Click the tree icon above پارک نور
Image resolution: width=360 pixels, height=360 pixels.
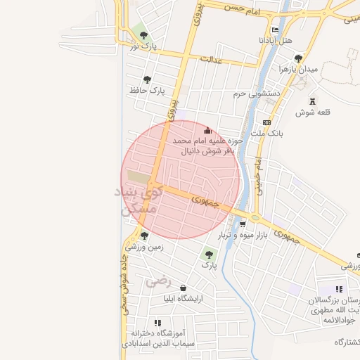click(143, 34)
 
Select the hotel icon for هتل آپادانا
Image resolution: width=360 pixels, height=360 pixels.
click(275, 30)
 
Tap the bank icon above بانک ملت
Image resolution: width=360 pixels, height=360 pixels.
click(266, 122)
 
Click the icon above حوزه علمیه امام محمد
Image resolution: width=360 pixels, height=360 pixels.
click(207, 131)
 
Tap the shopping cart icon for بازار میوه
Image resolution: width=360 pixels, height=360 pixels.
click(243, 224)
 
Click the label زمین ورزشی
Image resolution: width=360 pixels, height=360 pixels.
click(144, 247)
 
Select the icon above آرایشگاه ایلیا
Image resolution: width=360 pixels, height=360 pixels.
click(183, 288)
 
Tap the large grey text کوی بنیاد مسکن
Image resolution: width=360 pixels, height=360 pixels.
click(137, 200)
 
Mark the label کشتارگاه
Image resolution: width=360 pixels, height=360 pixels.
click(347, 342)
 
